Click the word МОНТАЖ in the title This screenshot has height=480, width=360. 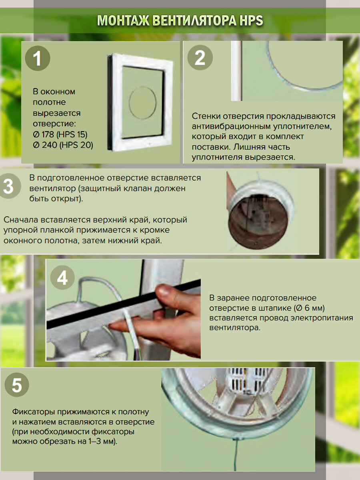click(123, 21)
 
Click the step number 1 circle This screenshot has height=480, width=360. click(38, 58)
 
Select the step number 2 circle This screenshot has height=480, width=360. click(200, 58)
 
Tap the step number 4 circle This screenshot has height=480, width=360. click(62, 278)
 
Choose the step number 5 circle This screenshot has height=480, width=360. click(17, 385)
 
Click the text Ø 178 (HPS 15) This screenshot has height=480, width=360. click(60, 134)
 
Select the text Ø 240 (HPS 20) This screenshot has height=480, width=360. click(63, 145)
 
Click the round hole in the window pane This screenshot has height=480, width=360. click(142, 103)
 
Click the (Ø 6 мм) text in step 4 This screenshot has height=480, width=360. click(309, 308)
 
